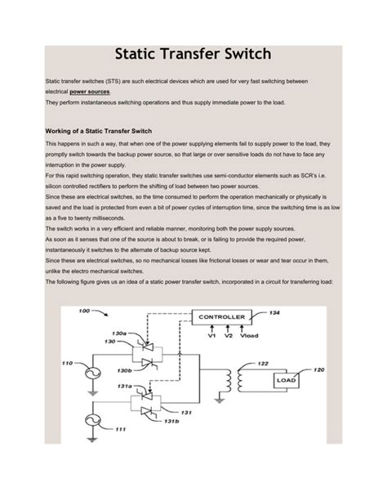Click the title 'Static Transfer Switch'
click(194, 56)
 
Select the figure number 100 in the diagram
click(83, 311)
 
